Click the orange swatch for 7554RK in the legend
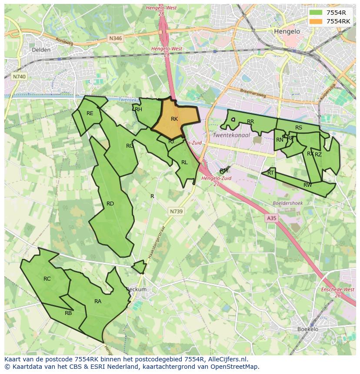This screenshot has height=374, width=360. point(316,21)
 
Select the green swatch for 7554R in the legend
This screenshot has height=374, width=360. point(316,13)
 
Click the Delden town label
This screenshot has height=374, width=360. point(41,50)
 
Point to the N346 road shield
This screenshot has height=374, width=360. point(116,38)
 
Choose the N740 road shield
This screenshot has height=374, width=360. point(19,76)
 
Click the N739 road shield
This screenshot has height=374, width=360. point(176,211)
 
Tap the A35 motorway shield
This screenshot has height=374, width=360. point(272,218)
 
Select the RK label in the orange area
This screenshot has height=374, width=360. point(174,119)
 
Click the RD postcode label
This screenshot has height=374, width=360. point(110,204)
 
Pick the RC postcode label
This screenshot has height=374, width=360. point(47,279)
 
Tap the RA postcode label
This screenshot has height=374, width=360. point(98,301)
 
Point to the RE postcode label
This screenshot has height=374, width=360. point(90,113)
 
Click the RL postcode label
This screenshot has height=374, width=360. point(184,162)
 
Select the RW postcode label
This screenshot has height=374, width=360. point(307,185)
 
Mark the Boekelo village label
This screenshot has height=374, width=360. point(308,329)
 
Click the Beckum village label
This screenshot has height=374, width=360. point(137,289)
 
